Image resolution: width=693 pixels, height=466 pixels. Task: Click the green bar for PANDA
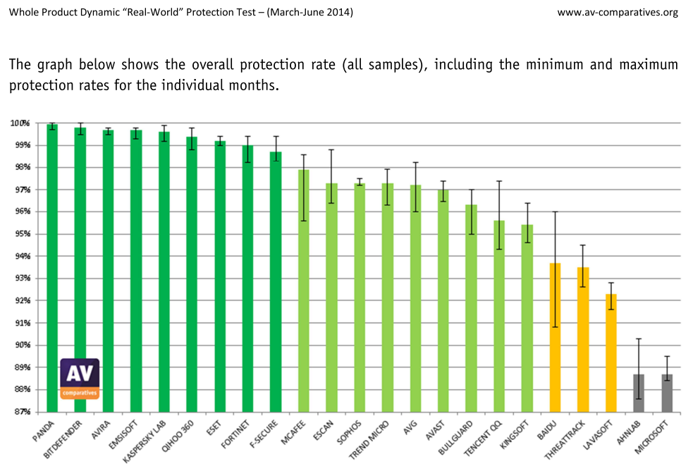click(52, 268)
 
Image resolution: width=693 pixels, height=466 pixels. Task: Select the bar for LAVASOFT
click(611, 352)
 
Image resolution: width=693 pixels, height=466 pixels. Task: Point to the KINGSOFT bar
click(527, 318)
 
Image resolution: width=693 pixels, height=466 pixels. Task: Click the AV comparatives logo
click(80, 378)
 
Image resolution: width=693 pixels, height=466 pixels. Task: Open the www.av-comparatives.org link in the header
click(617, 12)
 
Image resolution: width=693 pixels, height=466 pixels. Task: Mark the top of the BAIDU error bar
click(555, 211)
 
